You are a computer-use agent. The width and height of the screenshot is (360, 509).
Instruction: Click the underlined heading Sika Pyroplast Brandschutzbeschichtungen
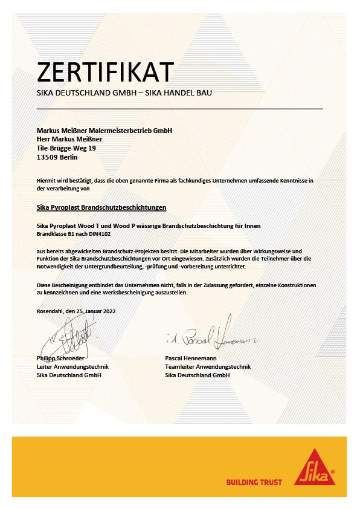pyautogui.click(x=101, y=208)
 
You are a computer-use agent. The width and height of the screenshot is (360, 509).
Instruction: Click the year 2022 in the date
pyautogui.click(x=107, y=311)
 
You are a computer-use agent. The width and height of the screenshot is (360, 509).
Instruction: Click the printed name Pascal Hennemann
pyautogui.click(x=191, y=358)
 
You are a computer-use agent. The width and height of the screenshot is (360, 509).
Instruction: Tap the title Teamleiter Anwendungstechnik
pyautogui.click(x=207, y=367)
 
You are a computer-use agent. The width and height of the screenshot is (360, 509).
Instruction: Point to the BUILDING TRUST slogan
pyautogui.click(x=254, y=482)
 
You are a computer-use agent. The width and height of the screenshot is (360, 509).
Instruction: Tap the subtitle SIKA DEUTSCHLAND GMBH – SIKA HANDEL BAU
pyautogui.click(x=124, y=94)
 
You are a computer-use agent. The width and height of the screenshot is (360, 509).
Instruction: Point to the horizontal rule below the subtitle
pyautogui.click(x=180, y=109)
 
